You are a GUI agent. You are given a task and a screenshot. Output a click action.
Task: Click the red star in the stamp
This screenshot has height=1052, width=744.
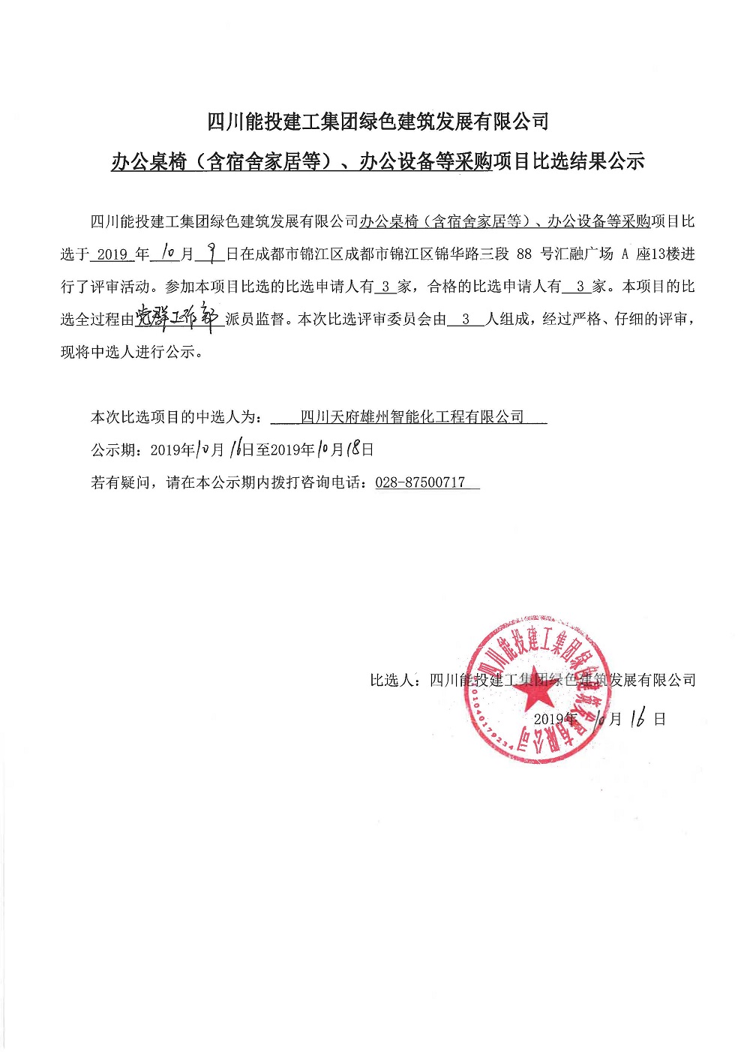click(x=537, y=688)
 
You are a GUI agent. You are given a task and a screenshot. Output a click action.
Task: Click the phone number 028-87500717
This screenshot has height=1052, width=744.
click(x=420, y=482)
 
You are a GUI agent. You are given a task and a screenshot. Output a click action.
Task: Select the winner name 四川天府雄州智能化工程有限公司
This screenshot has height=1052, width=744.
click(x=412, y=417)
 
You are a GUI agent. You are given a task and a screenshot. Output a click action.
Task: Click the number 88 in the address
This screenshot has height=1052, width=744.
click(x=524, y=254)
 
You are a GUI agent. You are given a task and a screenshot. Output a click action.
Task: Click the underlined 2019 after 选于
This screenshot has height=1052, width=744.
click(x=112, y=254)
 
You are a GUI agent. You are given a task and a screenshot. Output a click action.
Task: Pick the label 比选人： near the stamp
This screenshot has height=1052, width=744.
click(x=398, y=681)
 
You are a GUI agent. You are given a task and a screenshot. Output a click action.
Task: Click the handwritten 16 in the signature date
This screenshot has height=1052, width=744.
click(x=638, y=719)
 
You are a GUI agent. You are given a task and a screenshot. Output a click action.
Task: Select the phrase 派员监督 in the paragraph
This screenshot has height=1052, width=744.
click(x=255, y=319)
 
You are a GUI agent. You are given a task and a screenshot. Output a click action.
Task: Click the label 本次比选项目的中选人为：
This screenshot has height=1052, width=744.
click(x=177, y=417)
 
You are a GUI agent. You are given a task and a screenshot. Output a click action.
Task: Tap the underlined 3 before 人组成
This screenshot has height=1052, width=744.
click(x=466, y=319)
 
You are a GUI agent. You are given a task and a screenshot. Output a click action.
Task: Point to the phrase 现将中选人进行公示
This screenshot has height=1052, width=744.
click(x=128, y=352)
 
